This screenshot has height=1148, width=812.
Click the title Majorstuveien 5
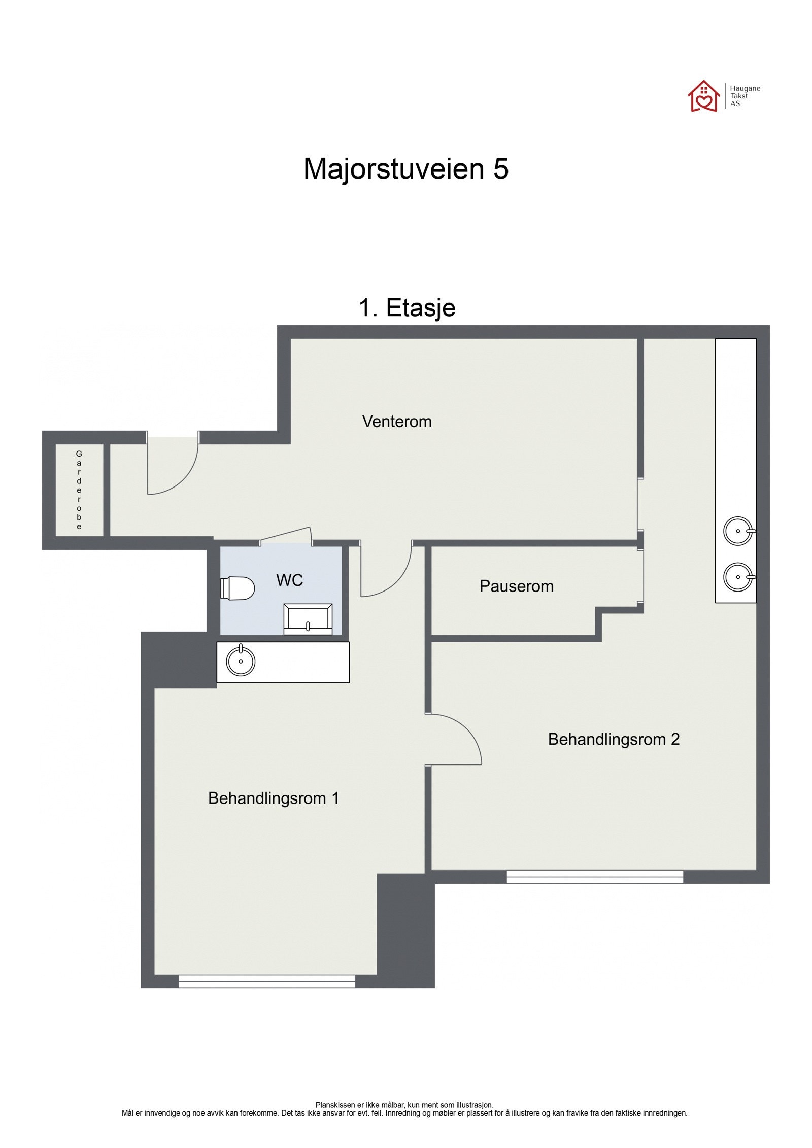pyautogui.click(x=405, y=168)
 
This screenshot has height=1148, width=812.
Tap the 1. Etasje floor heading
pyautogui.click(x=407, y=307)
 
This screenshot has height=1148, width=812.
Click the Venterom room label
pyautogui.click(x=396, y=422)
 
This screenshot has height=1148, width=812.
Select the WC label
pyautogui.click(x=289, y=580)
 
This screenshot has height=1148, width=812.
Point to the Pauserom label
pyautogui.click(x=516, y=586)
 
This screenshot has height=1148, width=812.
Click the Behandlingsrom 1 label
pyautogui.click(x=273, y=798)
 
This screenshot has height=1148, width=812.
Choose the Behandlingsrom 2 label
pyautogui.click(x=613, y=739)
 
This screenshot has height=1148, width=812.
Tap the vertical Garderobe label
pyautogui.click(x=79, y=490)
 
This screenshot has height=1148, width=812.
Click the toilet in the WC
pyautogui.click(x=238, y=588)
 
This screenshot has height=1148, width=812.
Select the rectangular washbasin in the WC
pyautogui.click(x=308, y=619)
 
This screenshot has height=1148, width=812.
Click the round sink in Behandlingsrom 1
pyautogui.click(x=241, y=661)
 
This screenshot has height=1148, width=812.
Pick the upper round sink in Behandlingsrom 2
pyautogui.click(x=738, y=531)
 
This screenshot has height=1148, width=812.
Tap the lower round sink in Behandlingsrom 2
pyautogui.click(x=738, y=577)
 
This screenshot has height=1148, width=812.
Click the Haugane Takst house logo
pyautogui.click(x=703, y=96)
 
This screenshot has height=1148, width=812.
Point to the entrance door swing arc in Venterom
pyautogui.click(x=175, y=469)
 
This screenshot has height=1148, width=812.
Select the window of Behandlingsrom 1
pyautogui.click(x=266, y=981)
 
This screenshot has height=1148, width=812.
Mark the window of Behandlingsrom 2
pyautogui.click(x=594, y=877)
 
